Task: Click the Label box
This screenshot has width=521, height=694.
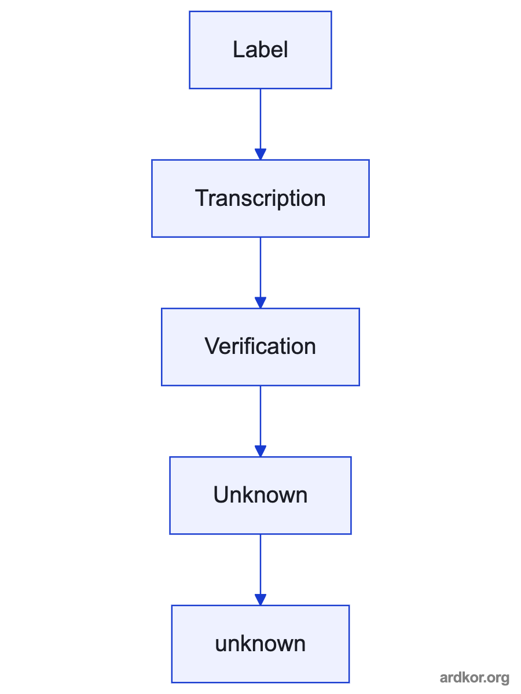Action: [260, 50]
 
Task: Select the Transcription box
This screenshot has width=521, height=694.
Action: [260, 198]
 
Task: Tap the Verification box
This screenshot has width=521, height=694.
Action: [260, 347]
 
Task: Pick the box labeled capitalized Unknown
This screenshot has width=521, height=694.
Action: [260, 496]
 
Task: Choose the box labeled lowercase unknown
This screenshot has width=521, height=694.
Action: [260, 644]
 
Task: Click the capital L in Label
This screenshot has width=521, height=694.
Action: [239, 50]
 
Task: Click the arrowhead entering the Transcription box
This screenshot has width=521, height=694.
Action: [260, 154]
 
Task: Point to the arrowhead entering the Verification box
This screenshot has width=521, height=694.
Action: [260, 302]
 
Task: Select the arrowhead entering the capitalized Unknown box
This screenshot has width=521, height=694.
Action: [260, 451]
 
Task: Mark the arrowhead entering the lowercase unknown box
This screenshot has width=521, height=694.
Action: [260, 600]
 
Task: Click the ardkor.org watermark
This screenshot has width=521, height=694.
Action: [475, 678]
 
